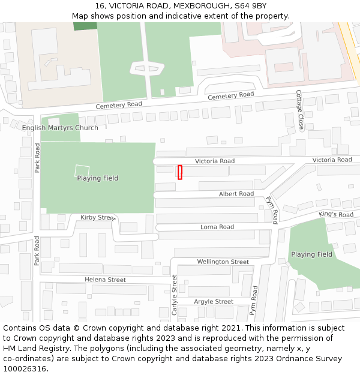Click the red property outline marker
pyautogui.click(x=179, y=172)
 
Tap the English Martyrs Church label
pyautogui.click(x=60, y=128)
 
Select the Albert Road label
pyautogui.click(x=236, y=194)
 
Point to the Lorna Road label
pyautogui.click(x=217, y=227)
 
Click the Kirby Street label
pyautogui.click(x=98, y=217)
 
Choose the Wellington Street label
pyautogui.click(x=223, y=262)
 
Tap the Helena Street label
pyautogui.click(x=105, y=280)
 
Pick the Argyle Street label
pyautogui.click(x=214, y=301)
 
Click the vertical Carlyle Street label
pyautogui.click(x=175, y=295)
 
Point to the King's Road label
pyautogui.click(x=336, y=214)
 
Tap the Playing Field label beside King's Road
pyautogui.click(x=311, y=254)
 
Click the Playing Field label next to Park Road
pyautogui.click(x=97, y=178)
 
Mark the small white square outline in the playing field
pyautogui.click(x=82, y=171)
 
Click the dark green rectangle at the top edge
pyautogui.click(x=85, y=26)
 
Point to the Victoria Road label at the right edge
pyautogui.click(x=332, y=160)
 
